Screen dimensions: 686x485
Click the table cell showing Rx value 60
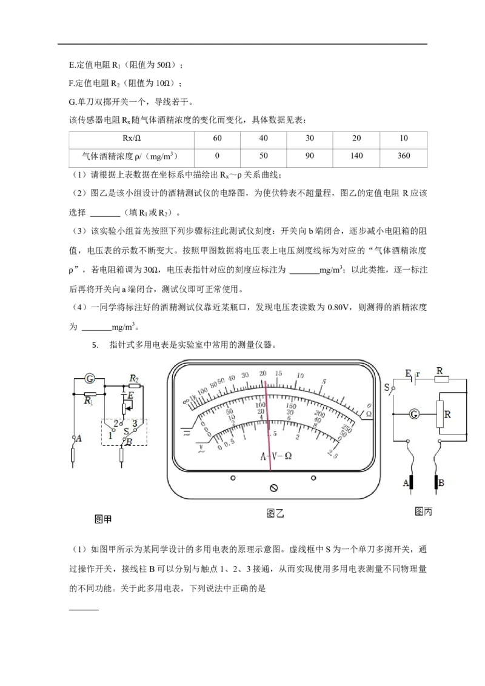coord(218,139)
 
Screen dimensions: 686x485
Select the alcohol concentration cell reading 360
coord(404,156)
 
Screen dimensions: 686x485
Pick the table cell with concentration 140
coord(357,156)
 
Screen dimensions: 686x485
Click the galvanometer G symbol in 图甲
coord(89,379)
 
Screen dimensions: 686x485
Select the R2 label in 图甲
coord(135,377)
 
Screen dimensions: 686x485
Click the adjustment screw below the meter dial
coord(273,487)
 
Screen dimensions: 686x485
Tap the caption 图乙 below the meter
coord(275,513)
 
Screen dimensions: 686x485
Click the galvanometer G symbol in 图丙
coord(415,415)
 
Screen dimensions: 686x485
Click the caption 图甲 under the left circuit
coord(104,519)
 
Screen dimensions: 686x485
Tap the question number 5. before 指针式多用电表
coord(95,345)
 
